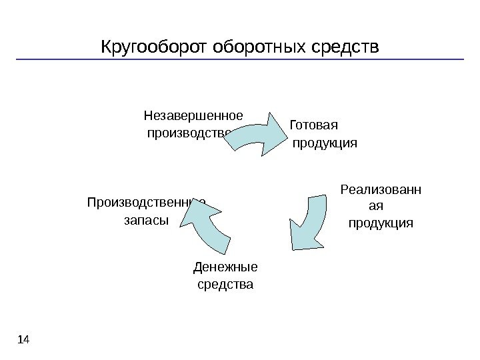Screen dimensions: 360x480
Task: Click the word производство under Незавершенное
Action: click(x=189, y=132)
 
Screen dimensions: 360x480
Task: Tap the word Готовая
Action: click(x=315, y=126)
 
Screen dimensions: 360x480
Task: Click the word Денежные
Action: click(x=225, y=268)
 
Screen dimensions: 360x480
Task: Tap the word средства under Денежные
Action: click(x=226, y=285)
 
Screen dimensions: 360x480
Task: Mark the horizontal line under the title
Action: click(x=240, y=60)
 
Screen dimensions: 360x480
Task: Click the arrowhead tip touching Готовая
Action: click(x=287, y=126)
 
